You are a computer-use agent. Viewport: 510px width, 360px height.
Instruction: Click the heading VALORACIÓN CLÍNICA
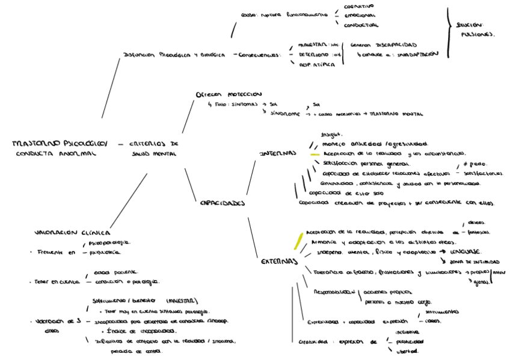(x=72, y=231)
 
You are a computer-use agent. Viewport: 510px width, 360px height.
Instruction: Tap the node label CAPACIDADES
(x=223, y=203)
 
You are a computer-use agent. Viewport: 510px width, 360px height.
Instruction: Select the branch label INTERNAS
(x=278, y=153)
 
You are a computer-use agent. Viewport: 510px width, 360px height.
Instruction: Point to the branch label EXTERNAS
(x=280, y=261)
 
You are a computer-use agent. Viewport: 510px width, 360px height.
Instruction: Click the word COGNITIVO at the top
(x=359, y=6)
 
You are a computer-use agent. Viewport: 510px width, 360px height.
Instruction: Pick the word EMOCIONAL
(x=359, y=16)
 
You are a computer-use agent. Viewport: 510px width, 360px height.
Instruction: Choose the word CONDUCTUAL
(x=361, y=25)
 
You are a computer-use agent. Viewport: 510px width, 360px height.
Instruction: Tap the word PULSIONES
(x=478, y=35)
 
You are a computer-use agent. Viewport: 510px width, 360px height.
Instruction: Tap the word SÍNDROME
(x=284, y=113)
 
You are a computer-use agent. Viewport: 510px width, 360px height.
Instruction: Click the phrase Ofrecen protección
(x=229, y=94)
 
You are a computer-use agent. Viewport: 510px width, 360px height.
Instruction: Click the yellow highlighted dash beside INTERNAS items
(x=313, y=154)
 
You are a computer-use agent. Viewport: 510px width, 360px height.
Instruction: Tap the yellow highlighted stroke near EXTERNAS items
(x=297, y=241)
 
